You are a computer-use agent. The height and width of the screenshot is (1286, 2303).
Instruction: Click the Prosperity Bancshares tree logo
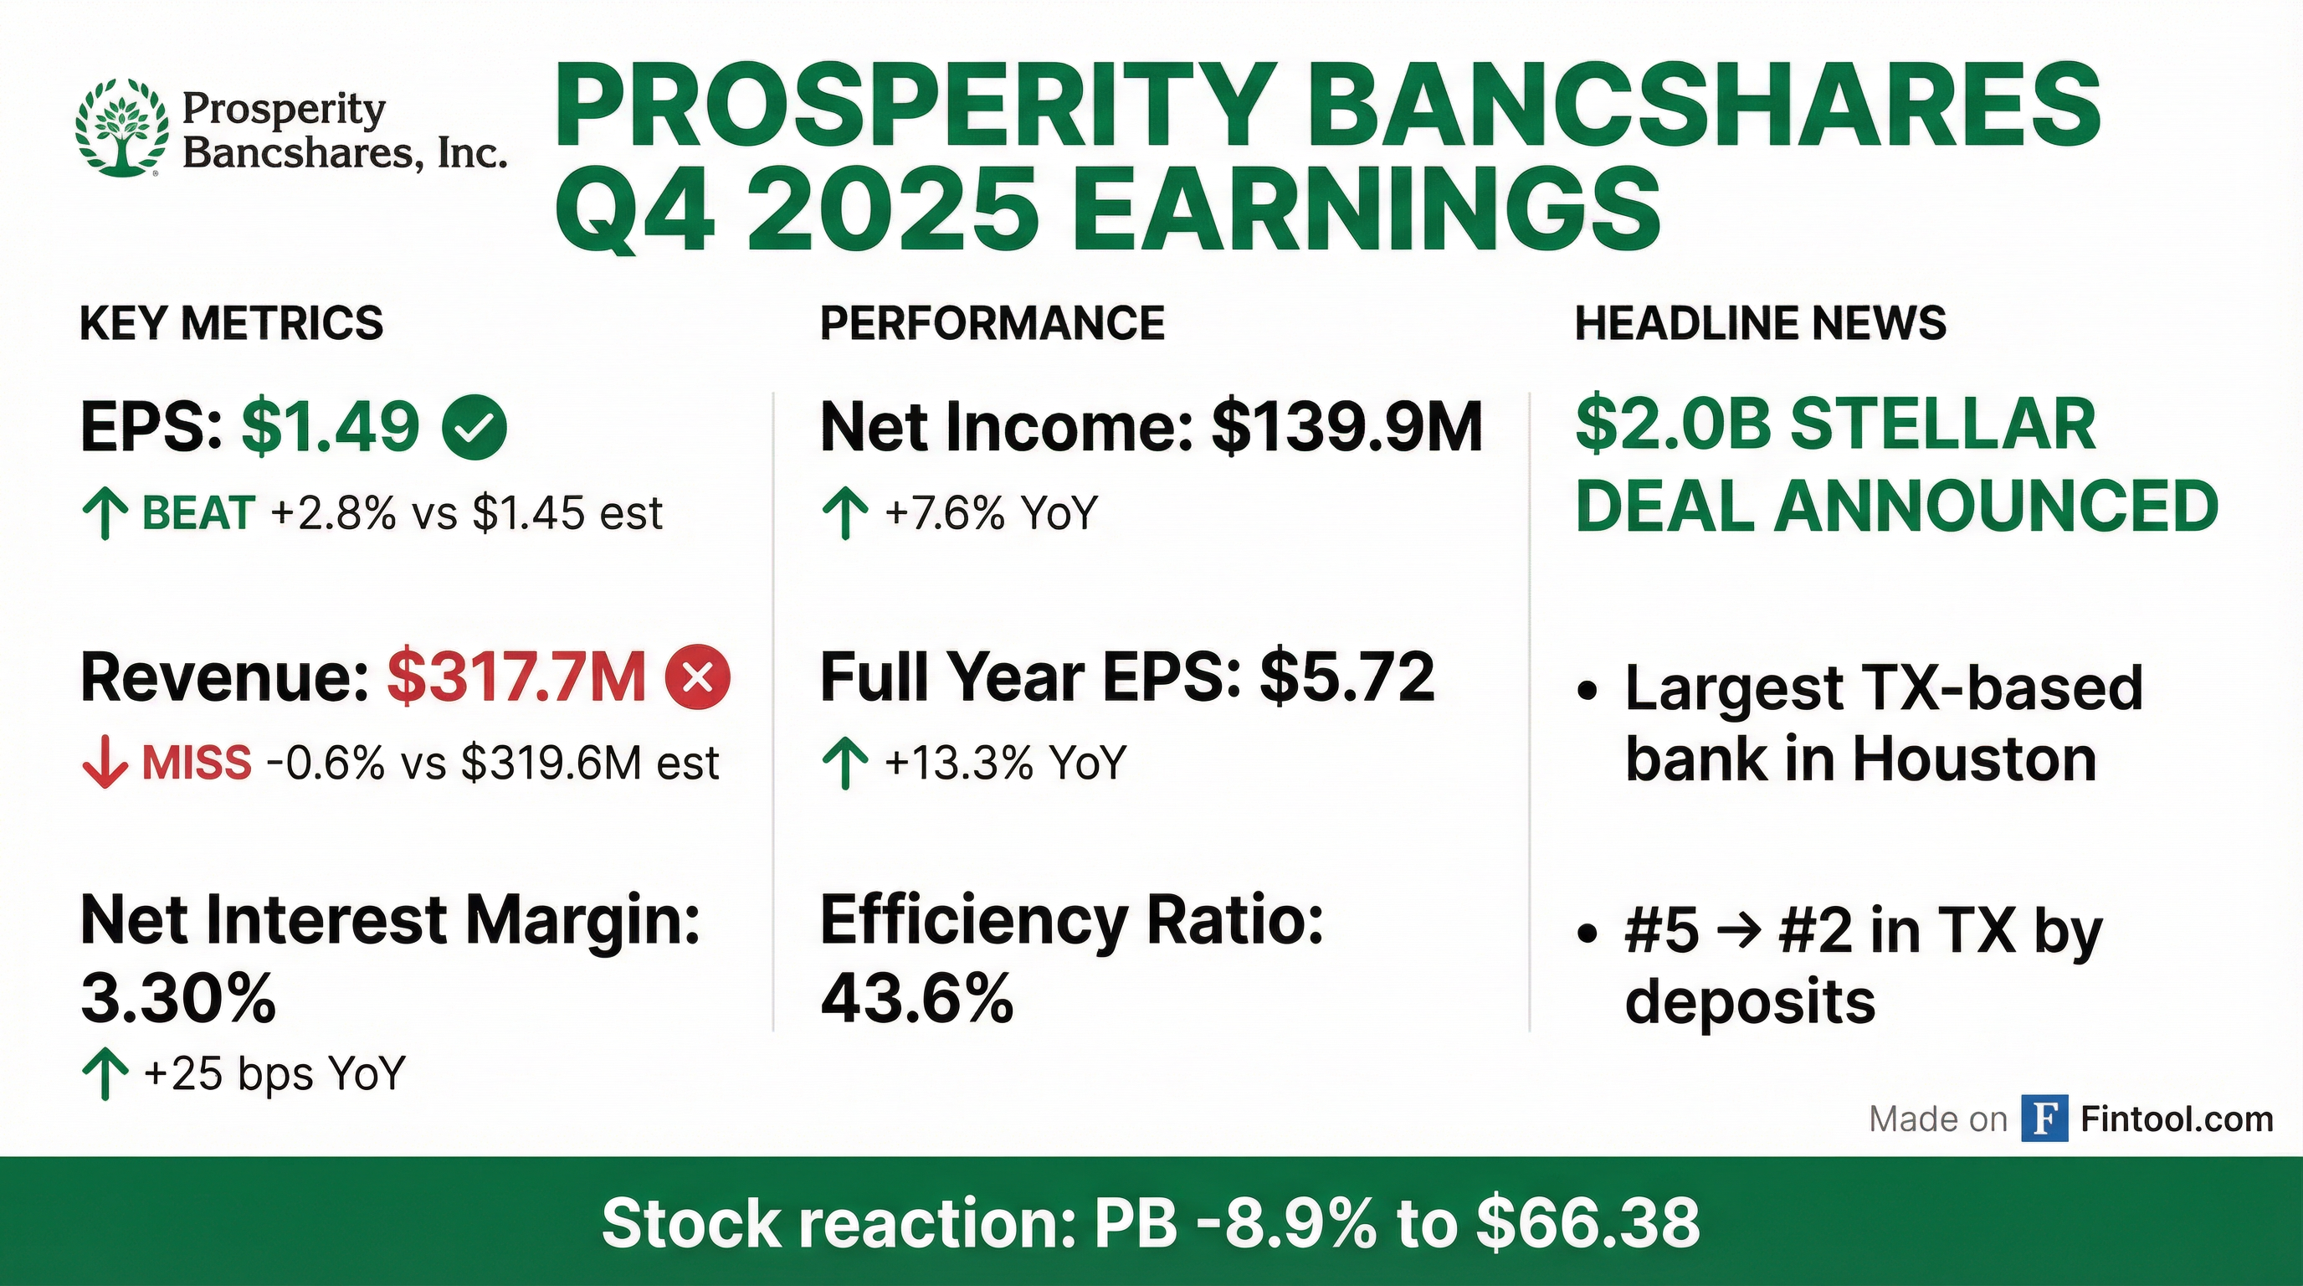tap(121, 127)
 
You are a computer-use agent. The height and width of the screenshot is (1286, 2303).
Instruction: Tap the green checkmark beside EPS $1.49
tap(474, 429)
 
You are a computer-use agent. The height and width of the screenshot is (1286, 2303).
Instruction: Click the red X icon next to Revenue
tap(698, 678)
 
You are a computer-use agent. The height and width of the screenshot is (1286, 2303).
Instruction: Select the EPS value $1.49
tap(331, 428)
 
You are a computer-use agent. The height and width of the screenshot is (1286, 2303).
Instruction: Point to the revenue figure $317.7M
tap(516, 678)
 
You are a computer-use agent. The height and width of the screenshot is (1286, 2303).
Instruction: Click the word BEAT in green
tap(198, 513)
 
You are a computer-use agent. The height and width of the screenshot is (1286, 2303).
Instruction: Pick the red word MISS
tap(197, 763)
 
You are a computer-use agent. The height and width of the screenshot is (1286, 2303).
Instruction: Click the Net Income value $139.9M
tap(1347, 428)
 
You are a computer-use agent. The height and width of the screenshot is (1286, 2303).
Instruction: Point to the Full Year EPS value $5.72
tap(1347, 678)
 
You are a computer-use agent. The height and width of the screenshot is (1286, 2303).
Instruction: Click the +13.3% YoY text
tap(1006, 763)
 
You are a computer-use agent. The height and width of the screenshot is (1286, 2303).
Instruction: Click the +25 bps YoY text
tap(274, 1073)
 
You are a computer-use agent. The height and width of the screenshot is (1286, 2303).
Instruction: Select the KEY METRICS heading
tap(232, 323)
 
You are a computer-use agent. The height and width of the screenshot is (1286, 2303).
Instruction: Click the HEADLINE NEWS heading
tap(1761, 323)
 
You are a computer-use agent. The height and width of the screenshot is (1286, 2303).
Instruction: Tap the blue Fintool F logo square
tap(2044, 1119)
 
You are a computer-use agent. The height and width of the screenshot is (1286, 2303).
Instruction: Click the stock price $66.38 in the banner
tap(1587, 1223)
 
